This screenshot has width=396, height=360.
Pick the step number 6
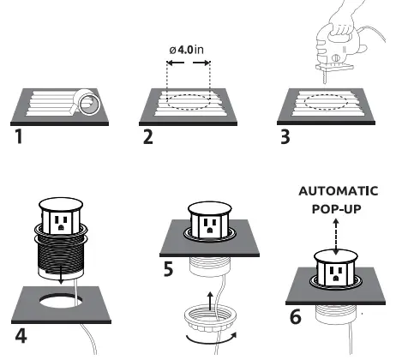[295, 316]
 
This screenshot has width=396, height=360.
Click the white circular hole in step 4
[62, 303]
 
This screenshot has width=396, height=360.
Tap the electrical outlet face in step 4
[62, 223]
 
